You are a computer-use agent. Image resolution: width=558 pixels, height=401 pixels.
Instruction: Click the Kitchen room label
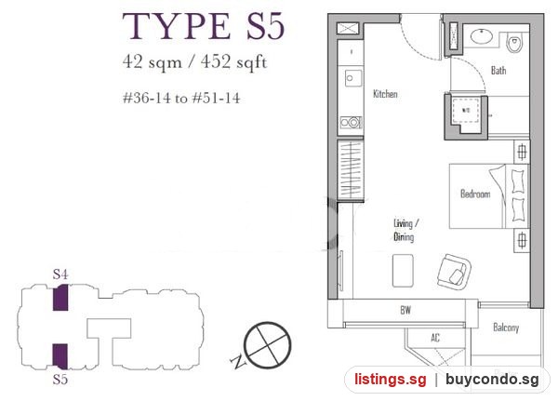pyautogui.click(x=385, y=94)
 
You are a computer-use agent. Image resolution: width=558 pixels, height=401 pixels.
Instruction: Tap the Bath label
pyautogui.click(x=498, y=70)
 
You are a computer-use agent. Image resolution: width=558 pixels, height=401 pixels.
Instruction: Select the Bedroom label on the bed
pyautogui.click(x=475, y=194)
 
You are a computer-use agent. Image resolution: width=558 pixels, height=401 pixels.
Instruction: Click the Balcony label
pyautogui.click(x=506, y=327)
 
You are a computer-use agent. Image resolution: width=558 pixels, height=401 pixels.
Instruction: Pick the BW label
pyautogui.click(x=405, y=310)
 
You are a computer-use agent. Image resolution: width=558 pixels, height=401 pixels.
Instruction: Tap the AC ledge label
pyautogui.click(x=435, y=338)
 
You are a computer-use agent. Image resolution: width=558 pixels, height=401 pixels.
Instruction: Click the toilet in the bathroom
pyautogui.click(x=514, y=43)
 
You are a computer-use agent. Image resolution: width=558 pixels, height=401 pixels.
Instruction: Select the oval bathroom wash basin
pyautogui.click(x=482, y=36)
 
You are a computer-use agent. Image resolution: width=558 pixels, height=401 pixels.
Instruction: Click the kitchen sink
pyautogui.click(x=353, y=78)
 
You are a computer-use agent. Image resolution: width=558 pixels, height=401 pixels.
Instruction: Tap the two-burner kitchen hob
pyautogui.click(x=351, y=123)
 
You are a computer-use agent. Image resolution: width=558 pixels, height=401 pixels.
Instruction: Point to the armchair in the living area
pyautogui.click(x=455, y=272)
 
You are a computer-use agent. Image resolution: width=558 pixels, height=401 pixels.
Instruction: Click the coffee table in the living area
pyautogui.click(x=403, y=271)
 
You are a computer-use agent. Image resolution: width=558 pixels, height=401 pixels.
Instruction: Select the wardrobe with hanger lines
pyautogui.click(x=351, y=170)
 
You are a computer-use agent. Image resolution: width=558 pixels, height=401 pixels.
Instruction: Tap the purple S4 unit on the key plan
pyautogui.click(x=60, y=298)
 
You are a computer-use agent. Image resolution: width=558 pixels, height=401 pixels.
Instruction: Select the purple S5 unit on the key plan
pyautogui.click(x=60, y=356)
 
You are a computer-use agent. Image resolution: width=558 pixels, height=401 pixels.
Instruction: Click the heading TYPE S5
pyautogui.click(x=204, y=26)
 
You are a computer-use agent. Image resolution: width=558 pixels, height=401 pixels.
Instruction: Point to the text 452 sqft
pyautogui.click(x=233, y=62)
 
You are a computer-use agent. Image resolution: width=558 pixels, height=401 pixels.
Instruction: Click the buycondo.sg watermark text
pyautogui.click(x=492, y=380)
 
